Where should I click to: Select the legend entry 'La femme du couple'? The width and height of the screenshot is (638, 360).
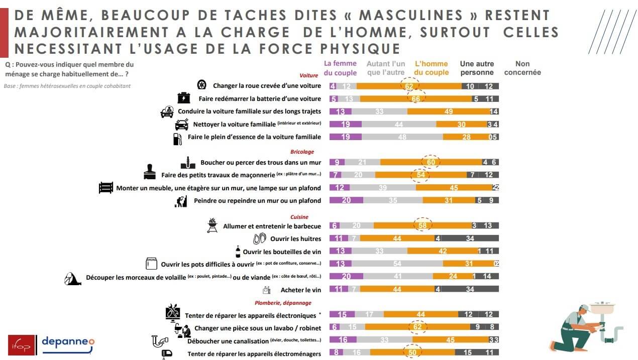[340, 68]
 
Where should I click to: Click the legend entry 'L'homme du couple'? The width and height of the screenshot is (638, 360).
[431, 68]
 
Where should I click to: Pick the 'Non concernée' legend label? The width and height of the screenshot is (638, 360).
[522, 68]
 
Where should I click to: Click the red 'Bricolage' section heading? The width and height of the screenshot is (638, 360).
[302, 152]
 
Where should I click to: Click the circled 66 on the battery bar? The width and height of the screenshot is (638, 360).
[415, 99]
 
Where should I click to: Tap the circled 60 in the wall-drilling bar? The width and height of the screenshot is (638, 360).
[431, 162]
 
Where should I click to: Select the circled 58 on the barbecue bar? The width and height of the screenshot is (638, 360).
[422, 226]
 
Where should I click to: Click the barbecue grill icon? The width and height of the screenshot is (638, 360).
[212, 225]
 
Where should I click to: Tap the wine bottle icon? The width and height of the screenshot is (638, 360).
[238, 251]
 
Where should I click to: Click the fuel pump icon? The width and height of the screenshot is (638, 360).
[177, 138]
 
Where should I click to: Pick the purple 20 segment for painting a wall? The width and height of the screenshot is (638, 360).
[346, 200]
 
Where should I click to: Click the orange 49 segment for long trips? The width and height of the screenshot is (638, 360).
[449, 111]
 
